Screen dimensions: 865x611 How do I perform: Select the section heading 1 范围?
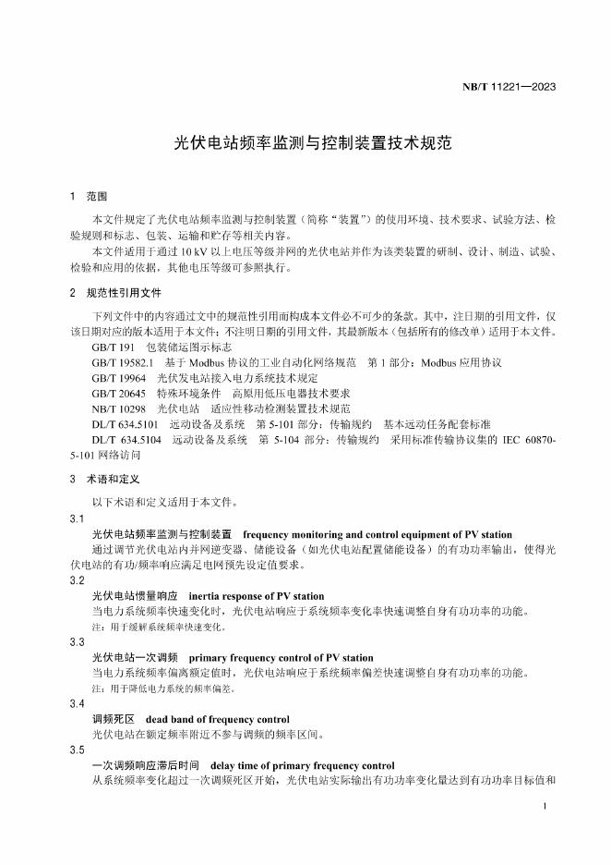point(90,198)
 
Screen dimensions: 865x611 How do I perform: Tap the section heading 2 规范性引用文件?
point(116,293)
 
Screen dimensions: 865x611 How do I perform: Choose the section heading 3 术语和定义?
point(104,480)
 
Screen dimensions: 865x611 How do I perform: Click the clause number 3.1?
point(77,518)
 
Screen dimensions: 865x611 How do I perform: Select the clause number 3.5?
point(77,750)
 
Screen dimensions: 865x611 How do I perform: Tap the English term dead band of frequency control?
point(217,719)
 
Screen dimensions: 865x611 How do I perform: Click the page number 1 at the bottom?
point(546,808)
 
